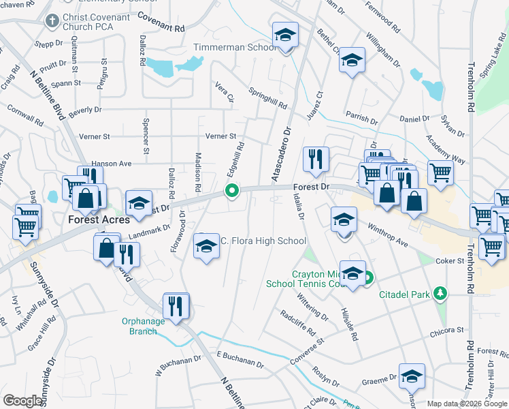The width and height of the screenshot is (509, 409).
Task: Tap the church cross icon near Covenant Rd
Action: tap(52, 20)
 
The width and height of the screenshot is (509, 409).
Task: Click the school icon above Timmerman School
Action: tap(286, 35)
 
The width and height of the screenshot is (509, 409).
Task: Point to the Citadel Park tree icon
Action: tap(441, 294)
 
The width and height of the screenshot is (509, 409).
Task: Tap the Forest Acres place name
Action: tap(99, 220)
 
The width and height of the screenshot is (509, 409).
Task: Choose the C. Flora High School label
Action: tap(263, 241)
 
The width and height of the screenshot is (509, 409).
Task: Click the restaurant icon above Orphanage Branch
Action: tap(177, 305)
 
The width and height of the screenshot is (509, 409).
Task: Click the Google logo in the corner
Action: tap(22, 401)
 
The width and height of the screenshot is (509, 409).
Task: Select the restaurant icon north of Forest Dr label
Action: tap(315, 160)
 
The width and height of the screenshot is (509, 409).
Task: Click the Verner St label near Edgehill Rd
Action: tap(220, 136)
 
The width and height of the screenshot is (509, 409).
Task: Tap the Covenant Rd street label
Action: tap(169, 29)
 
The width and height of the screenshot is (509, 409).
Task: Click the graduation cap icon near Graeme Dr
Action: tap(412, 376)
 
